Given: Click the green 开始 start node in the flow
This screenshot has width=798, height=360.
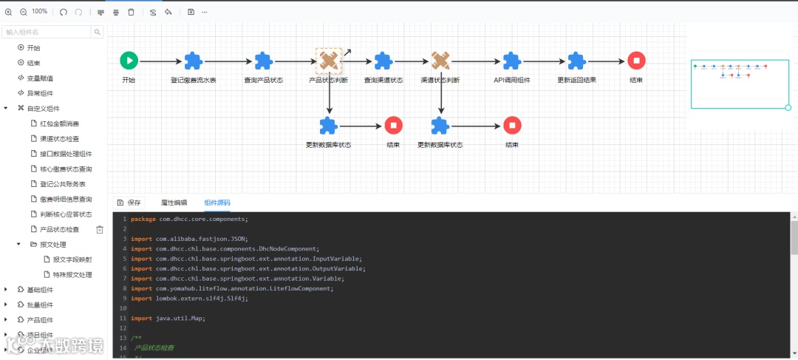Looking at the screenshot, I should pos(129,61).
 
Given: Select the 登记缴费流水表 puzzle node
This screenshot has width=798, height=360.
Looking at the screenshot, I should pos(193,61).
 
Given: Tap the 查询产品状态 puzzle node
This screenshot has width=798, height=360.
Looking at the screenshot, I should pos(264,61).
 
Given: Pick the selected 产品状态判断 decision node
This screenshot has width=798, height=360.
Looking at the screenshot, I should pos(329,61).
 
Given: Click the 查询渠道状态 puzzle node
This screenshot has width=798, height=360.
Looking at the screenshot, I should pos(383,61).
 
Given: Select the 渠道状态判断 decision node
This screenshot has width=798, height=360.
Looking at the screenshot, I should pos(440,61).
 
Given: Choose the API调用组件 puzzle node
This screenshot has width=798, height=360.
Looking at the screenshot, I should pos(512,61).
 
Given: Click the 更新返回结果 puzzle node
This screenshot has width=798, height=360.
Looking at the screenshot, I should pos(576,61).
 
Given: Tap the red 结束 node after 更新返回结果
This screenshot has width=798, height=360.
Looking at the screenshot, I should pos(636,61).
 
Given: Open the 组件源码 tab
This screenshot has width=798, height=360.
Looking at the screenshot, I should pos(217,202).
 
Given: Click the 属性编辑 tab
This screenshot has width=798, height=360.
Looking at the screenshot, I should pos(174,202).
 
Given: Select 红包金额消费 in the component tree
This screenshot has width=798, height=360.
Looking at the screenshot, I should pos(60,123).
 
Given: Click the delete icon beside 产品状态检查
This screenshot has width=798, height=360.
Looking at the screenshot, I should pos(100,229).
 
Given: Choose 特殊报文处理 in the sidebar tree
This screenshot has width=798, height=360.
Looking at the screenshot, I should pos(72,275).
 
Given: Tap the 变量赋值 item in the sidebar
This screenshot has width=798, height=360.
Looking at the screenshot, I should pos(40,78).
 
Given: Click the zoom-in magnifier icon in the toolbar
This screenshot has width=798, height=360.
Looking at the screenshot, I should pos(9,12).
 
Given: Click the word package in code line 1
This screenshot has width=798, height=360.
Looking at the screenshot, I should pos(143,219).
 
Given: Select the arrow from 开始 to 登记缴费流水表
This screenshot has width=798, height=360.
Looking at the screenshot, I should pos(160,61).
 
